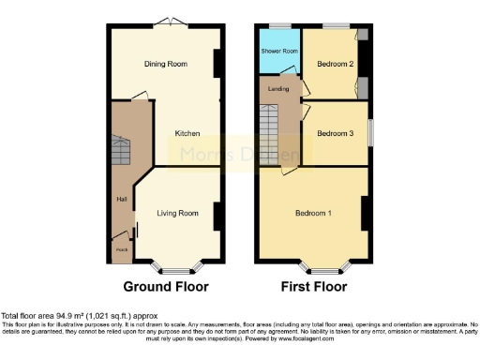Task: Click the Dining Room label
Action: click(165, 65)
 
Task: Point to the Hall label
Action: click(121, 200)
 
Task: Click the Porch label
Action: click(121, 249)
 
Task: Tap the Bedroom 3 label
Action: click(336, 133)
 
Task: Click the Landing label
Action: click(277, 89)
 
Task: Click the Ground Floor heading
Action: click(166, 286)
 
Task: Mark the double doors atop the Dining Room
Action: click(166, 22)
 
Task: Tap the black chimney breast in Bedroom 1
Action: click(365, 213)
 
